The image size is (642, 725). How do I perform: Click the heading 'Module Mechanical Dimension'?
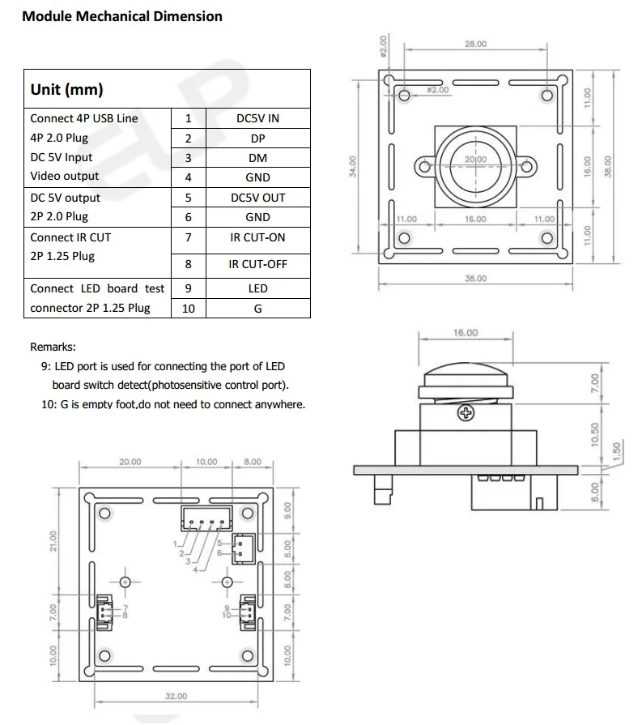(x=122, y=16)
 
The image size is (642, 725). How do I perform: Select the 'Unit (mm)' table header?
(x=66, y=90)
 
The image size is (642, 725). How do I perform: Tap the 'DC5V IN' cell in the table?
(x=257, y=118)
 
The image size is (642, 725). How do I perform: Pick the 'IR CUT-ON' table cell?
(x=257, y=237)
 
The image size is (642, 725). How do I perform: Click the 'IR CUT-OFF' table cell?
(x=257, y=264)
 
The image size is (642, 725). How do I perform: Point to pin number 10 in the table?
(x=188, y=309)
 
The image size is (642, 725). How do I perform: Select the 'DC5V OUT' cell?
(x=257, y=198)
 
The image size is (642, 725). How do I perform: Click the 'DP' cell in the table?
(x=257, y=139)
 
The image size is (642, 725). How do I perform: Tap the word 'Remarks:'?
(x=53, y=347)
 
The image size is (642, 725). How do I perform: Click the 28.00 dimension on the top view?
(x=475, y=45)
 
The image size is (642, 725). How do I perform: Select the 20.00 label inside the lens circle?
(x=475, y=160)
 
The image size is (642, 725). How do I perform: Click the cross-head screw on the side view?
(x=466, y=415)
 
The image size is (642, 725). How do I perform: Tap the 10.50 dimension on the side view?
(x=595, y=434)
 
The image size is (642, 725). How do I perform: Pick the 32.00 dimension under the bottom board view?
(x=176, y=696)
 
